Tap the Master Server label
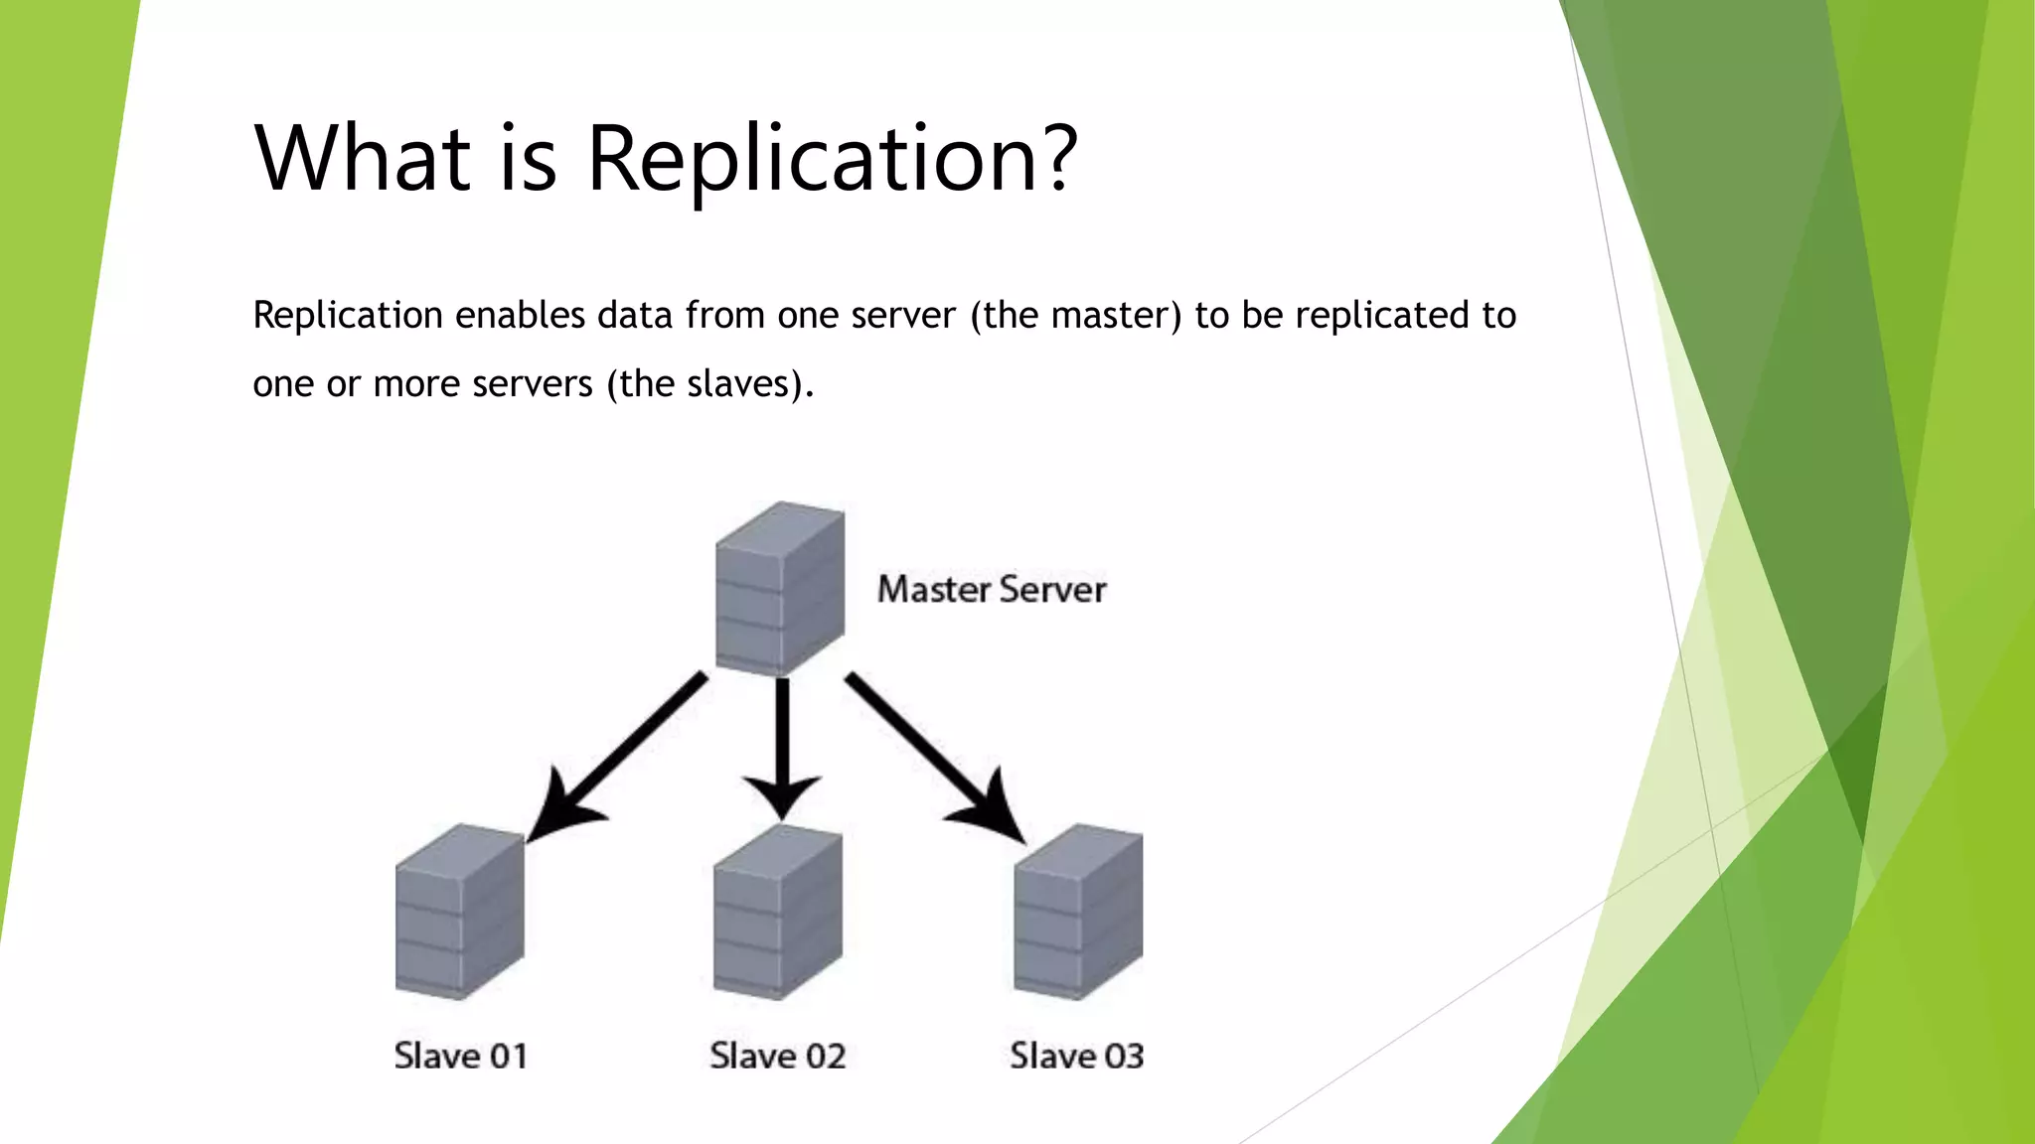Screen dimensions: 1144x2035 click(x=991, y=590)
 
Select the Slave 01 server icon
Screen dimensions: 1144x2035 click(x=459, y=912)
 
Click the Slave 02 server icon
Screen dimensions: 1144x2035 click(x=778, y=912)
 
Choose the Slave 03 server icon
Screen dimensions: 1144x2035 click(x=1078, y=912)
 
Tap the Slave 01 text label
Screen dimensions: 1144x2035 click(x=460, y=1056)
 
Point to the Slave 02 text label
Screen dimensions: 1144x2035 click(x=777, y=1056)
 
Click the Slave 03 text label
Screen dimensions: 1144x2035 click(x=1076, y=1056)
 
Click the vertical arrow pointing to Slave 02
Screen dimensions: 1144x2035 click(x=782, y=745)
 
